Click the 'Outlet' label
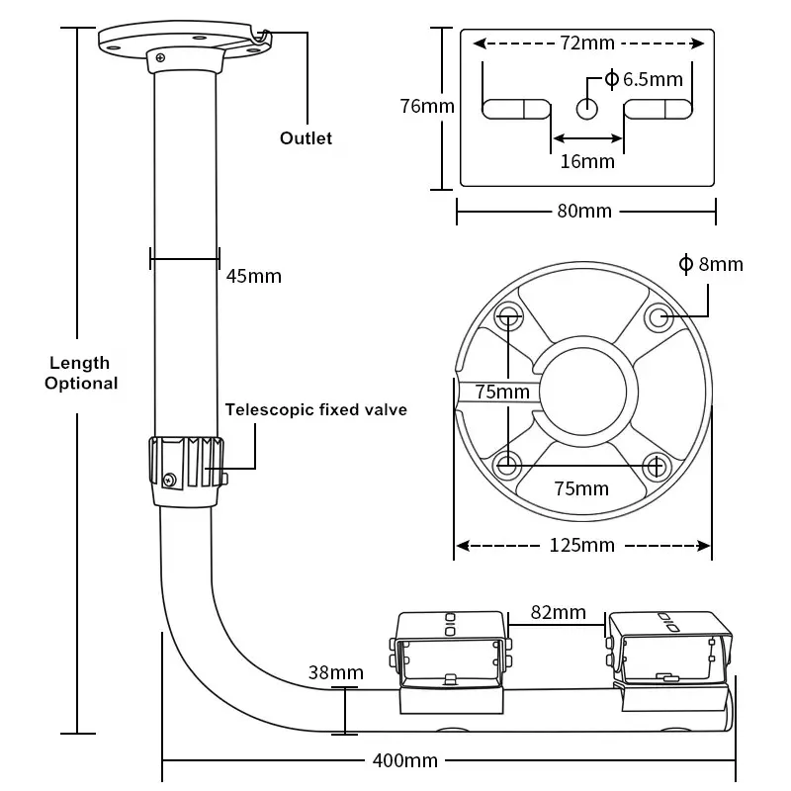[306, 138]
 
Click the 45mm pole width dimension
[253, 276]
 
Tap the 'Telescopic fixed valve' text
[315, 409]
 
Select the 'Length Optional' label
[81, 374]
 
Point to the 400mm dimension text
[405, 760]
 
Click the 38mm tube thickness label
[335, 673]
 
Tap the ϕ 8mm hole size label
[711, 264]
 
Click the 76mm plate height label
[426, 105]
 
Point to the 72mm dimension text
[585, 44]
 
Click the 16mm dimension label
[587, 161]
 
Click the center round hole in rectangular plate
[587, 108]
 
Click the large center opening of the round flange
[583, 392]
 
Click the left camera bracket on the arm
[453, 658]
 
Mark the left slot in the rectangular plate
[515, 108]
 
